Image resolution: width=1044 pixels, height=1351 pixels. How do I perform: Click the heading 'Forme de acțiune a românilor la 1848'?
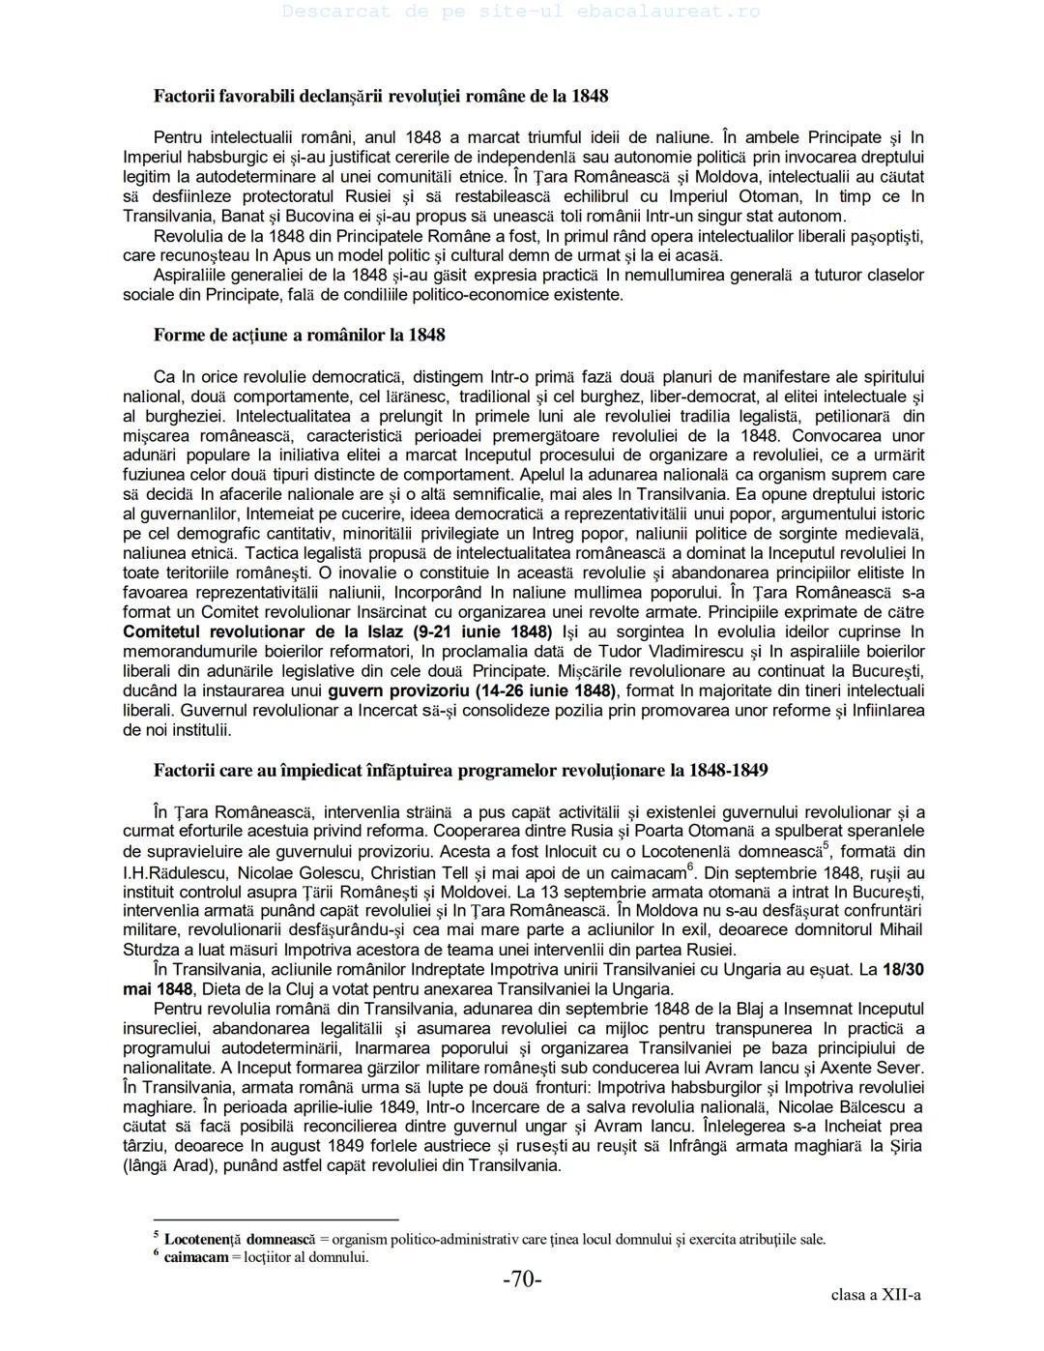pos(299,336)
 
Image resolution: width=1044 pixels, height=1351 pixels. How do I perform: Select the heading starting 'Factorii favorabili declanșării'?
pos(381,97)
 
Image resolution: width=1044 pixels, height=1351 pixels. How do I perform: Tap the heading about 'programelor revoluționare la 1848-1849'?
pos(460,771)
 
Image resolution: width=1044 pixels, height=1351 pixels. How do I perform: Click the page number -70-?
pos(522,1279)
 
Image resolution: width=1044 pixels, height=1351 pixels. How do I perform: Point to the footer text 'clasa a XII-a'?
pos(875,1295)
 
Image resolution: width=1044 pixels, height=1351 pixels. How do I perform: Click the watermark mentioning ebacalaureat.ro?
pos(522,13)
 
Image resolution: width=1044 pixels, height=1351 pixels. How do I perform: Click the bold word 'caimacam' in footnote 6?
pos(196,1257)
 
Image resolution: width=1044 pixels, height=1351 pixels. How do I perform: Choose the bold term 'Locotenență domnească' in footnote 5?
pos(240,1239)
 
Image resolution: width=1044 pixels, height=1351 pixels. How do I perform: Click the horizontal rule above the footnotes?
pos(276,1220)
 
